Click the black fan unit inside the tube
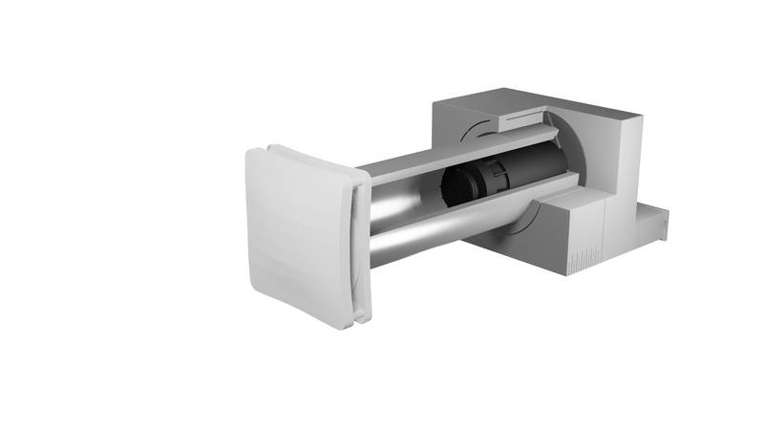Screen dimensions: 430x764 point(477,185)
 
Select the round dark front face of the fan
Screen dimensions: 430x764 point(456,191)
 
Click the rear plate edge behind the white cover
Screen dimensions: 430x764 point(362,239)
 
